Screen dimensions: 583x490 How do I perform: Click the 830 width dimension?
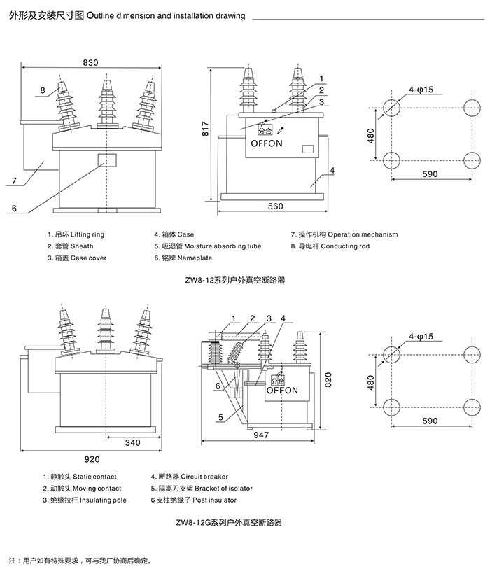coord(91,62)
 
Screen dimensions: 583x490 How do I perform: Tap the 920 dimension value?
coord(91,459)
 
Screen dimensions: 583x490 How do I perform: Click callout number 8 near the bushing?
coord(42,90)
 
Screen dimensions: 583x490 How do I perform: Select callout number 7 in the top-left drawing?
coord(13,181)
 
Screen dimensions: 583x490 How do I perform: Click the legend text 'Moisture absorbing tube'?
coord(223,246)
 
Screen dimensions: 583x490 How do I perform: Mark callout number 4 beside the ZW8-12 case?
coord(332,170)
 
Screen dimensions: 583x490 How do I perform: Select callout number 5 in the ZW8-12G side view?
coord(220,417)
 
